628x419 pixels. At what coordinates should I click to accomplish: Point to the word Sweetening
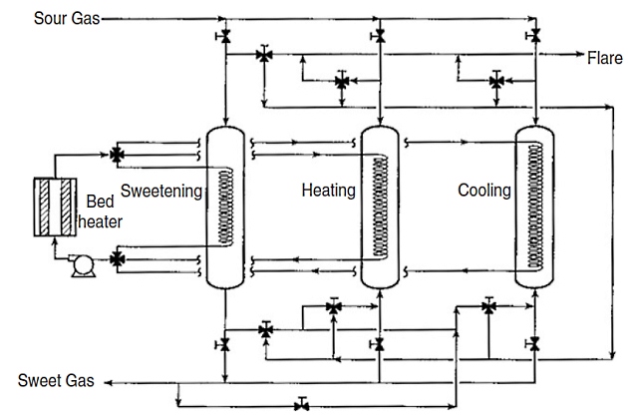[161, 190]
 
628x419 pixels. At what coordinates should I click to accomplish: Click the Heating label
[328, 190]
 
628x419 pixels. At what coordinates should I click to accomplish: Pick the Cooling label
[483, 190]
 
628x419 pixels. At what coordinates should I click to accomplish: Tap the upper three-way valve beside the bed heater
[118, 155]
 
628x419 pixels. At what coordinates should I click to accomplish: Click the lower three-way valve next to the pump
[118, 259]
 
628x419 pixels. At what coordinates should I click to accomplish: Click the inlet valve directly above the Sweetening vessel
[225, 36]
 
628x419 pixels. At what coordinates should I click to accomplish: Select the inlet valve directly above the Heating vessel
[379, 36]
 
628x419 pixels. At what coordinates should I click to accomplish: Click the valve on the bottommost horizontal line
[301, 405]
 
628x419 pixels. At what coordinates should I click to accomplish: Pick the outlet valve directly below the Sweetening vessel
[225, 344]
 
